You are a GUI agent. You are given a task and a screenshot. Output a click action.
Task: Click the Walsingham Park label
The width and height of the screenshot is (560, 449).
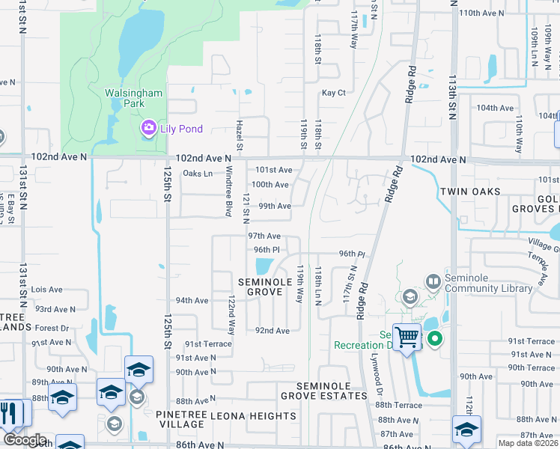click(134, 98)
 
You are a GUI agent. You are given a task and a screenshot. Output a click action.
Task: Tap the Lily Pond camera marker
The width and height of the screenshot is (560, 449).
click(148, 129)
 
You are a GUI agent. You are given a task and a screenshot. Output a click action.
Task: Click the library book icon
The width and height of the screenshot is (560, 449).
click(433, 282)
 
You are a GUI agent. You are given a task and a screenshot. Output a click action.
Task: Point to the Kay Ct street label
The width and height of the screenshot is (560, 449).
click(333, 93)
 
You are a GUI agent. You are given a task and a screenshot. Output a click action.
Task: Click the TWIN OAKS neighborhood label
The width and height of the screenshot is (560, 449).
click(469, 192)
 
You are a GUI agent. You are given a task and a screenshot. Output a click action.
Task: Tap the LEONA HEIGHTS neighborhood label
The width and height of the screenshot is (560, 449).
click(243, 415)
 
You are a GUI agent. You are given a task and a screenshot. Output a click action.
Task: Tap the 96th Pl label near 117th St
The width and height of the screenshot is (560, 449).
click(351, 254)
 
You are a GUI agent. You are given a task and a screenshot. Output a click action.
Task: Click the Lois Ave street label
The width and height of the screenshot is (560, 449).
click(47, 289)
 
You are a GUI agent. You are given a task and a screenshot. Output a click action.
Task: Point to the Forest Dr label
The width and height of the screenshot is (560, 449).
click(52, 328)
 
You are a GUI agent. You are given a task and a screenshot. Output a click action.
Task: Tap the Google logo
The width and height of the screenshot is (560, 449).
click(25, 440)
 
